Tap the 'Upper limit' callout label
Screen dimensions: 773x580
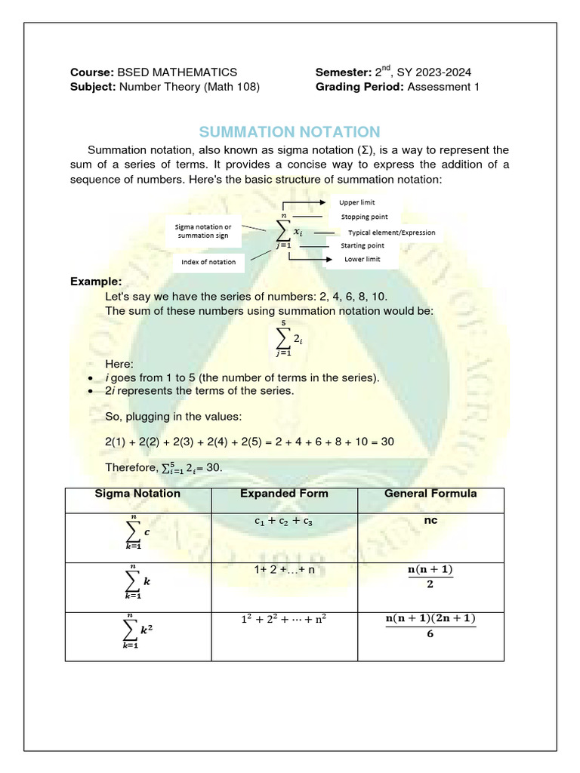point(356,202)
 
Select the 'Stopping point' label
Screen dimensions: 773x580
point(364,217)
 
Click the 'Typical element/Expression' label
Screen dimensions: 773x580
point(391,233)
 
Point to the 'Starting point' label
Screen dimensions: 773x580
point(362,245)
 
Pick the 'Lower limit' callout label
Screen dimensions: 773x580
point(362,259)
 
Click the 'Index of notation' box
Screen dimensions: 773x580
point(208,262)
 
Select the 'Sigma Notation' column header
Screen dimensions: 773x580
point(137,494)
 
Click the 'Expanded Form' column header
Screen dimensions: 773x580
point(284,494)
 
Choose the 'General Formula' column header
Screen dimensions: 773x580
point(430,494)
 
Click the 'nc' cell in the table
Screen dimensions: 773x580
point(430,521)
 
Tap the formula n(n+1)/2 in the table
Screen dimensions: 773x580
point(430,576)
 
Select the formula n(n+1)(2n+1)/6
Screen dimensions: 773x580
point(430,627)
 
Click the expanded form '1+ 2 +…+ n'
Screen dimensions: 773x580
point(284,569)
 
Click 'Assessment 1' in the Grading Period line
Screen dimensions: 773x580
point(445,87)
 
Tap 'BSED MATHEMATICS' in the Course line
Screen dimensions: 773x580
point(177,72)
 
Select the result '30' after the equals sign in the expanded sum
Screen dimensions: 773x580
point(387,441)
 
